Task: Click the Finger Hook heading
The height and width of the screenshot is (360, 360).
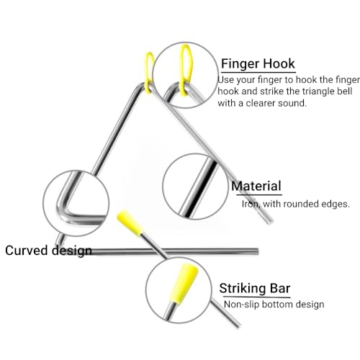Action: click(258, 63)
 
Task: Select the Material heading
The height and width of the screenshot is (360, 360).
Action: click(256, 186)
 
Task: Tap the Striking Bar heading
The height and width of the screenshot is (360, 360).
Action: click(255, 288)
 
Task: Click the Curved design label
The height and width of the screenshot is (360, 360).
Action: click(48, 251)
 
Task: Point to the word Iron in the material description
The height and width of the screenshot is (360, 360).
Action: click(251, 204)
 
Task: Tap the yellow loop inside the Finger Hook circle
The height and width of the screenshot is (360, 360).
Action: click(186, 70)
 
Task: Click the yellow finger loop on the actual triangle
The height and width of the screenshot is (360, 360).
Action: click(150, 72)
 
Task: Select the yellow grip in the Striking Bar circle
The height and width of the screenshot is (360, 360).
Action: click(184, 284)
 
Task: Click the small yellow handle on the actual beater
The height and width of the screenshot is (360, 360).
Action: click(130, 222)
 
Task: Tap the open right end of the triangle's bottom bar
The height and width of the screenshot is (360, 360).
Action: click(257, 251)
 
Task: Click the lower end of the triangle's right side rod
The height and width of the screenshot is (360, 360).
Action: click(270, 221)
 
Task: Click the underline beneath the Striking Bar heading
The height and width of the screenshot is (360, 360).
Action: click(255, 297)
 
